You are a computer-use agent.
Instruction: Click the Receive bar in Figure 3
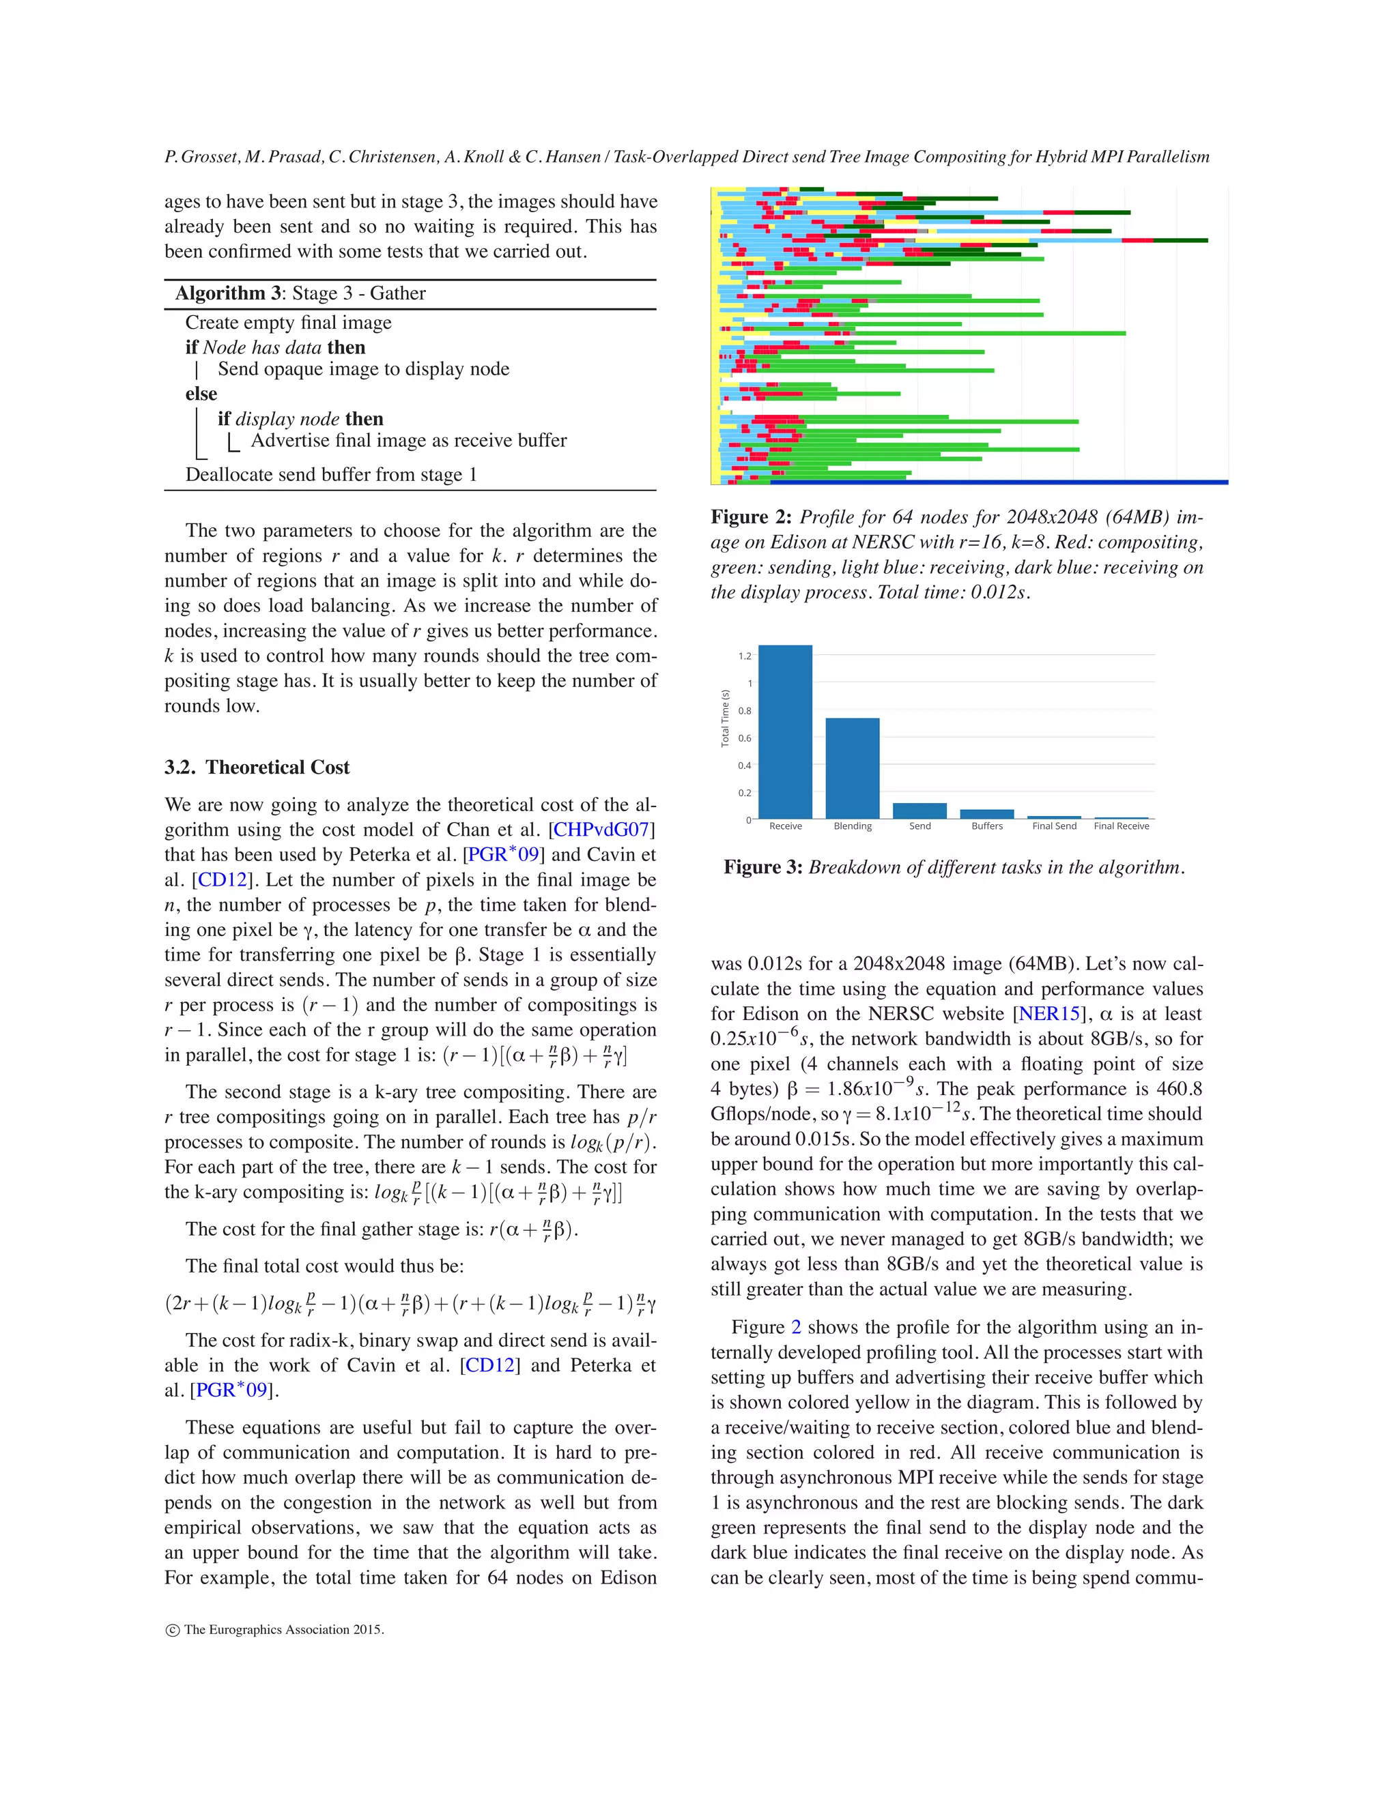point(785,732)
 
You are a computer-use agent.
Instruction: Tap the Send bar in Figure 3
point(919,811)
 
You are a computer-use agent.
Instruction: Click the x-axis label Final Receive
point(1122,826)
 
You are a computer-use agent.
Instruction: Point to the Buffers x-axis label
point(986,826)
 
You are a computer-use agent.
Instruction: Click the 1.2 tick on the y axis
point(745,656)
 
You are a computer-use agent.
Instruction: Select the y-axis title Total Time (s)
point(725,718)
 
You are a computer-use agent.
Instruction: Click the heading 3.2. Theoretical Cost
point(257,768)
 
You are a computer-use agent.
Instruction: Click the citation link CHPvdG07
point(602,830)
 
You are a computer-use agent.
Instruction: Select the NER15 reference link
point(1049,1014)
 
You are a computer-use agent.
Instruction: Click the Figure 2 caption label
point(751,517)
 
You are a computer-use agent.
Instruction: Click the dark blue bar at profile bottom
point(1068,482)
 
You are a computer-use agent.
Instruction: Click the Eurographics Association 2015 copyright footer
point(275,1630)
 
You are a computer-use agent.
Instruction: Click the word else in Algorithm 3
point(201,394)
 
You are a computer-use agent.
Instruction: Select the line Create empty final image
point(288,323)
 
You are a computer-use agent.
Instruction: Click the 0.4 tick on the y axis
point(745,766)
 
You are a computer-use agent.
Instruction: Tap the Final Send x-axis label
point(1053,826)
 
